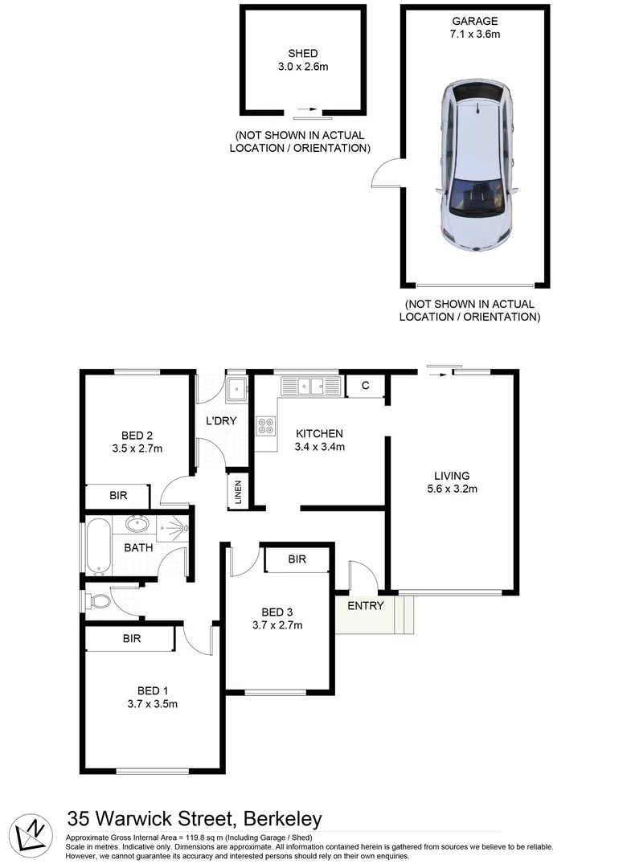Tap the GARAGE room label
475,22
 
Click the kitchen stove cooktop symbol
266,426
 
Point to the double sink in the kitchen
311,387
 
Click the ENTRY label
366,606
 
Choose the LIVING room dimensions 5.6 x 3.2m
452,489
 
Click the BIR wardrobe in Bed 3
297,559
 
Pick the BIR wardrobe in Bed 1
132,639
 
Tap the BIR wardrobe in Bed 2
118,496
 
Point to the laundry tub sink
237,390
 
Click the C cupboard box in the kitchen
366,386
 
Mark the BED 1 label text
153,690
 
